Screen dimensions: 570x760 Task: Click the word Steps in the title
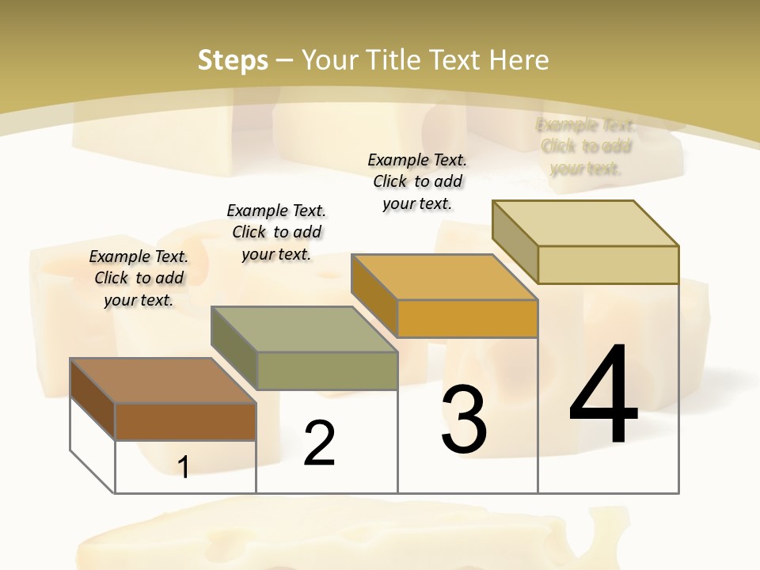pos(233,60)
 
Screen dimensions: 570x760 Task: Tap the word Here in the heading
pos(519,60)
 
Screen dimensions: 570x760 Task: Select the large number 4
pos(603,394)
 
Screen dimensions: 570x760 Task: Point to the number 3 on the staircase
pos(463,420)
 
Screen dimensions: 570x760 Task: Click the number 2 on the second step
pos(319,443)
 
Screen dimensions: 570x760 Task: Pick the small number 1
pos(183,468)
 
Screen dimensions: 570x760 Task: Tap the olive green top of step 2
pos(305,329)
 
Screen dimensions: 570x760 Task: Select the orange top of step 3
pos(445,277)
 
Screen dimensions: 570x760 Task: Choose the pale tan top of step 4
pos(586,223)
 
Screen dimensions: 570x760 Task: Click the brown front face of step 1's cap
pos(185,421)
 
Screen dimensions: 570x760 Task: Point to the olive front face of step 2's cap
pos(327,370)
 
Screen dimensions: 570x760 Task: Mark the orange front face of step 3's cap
pos(467,318)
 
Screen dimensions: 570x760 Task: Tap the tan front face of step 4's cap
pos(608,264)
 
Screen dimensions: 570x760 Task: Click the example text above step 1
pos(139,278)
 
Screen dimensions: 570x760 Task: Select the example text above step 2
pos(276,232)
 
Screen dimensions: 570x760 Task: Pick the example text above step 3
pos(417,181)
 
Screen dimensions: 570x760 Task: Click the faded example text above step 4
pos(586,146)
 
